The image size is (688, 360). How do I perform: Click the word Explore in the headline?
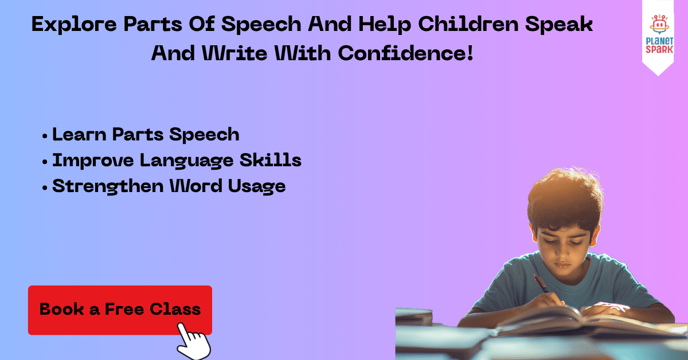(x=74, y=25)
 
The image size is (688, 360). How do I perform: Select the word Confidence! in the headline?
(x=405, y=53)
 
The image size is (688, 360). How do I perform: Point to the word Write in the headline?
(x=234, y=53)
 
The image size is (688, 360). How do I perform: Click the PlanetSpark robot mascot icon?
(x=659, y=24)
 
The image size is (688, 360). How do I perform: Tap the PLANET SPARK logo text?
(x=659, y=45)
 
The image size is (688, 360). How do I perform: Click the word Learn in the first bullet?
(x=79, y=134)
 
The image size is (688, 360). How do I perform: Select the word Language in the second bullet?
(x=187, y=161)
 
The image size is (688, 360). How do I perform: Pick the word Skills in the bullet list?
(x=270, y=160)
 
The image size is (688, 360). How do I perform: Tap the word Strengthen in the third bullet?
(x=108, y=186)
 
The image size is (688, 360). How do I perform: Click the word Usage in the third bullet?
(x=257, y=186)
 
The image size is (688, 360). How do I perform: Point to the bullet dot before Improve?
(x=45, y=162)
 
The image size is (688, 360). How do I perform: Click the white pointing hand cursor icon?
(x=194, y=342)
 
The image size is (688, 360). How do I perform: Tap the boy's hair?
(x=565, y=199)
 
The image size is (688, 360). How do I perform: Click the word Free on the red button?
(x=124, y=309)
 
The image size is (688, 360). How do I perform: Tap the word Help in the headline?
(x=385, y=25)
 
